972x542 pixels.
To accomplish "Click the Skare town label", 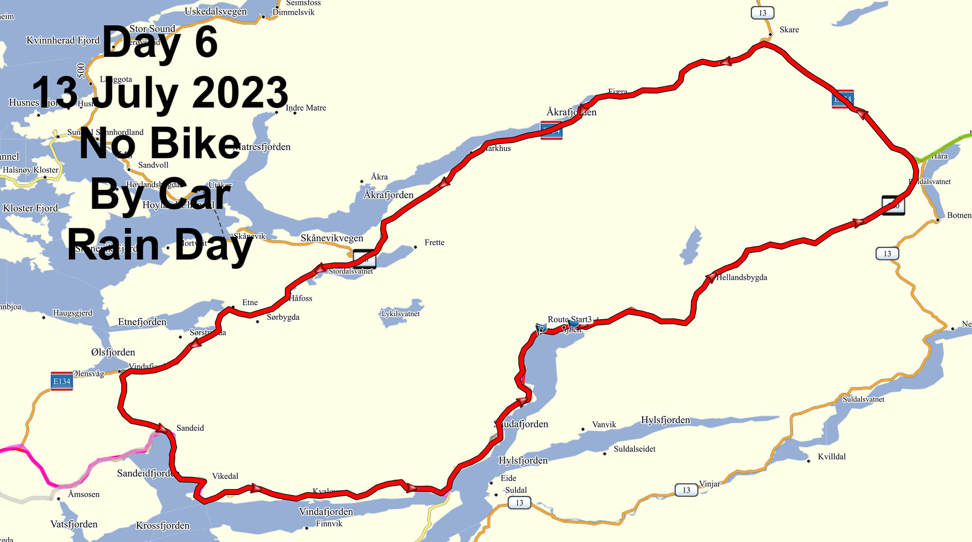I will click(x=789, y=30).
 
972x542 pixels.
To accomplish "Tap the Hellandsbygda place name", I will click(x=741, y=278).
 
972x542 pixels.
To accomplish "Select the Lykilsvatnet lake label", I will click(x=401, y=314).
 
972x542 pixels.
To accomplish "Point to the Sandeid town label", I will click(x=190, y=428).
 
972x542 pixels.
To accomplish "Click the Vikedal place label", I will click(x=225, y=476).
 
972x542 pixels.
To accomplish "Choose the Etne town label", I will click(x=250, y=303).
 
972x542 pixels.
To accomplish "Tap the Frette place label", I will click(x=434, y=243).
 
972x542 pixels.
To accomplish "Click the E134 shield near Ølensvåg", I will click(x=62, y=381).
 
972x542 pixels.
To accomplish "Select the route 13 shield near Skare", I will click(x=762, y=13).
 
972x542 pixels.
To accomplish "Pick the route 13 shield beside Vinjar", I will click(x=686, y=490).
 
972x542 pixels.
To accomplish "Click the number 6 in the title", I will click(x=206, y=43).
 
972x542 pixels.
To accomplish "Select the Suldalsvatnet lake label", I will click(x=863, y=399).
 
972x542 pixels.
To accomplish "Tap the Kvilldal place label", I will click(x=832, y=457).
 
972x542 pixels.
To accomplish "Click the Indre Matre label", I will click(x=306, y=108).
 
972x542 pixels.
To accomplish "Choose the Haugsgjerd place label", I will click(x=73, y=313).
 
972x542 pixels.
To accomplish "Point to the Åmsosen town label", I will click(x=84, y=495).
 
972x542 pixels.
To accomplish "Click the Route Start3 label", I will click(x=570, y=319).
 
